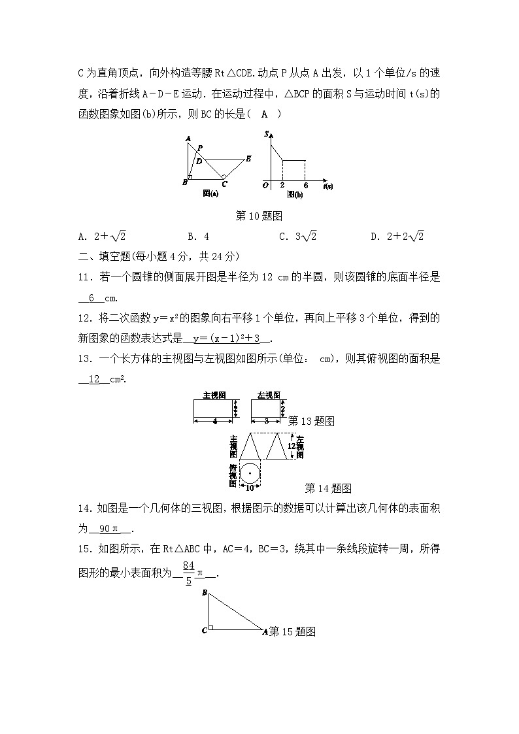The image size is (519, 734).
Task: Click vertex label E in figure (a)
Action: coord(248,158)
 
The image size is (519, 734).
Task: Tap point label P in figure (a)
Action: coord(199,148)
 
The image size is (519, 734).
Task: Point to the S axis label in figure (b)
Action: coord(267,134)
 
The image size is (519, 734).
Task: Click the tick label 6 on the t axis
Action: coord(305,186)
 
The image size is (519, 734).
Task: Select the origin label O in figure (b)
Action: coord(265,186)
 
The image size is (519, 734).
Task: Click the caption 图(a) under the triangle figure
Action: coord(210,193)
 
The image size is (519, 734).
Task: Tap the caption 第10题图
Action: coord(259,215)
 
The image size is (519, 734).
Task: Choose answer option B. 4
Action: coord(198,237)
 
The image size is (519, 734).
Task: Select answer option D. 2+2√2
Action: coord(397,237)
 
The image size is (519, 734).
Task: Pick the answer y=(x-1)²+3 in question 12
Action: coord(227,339)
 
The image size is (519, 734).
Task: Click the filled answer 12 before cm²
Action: coord(93,379)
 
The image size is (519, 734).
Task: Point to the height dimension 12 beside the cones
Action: coord(292,446)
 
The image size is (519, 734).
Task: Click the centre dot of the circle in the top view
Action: coord(250,473)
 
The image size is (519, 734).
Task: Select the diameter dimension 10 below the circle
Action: coord(250,488)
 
